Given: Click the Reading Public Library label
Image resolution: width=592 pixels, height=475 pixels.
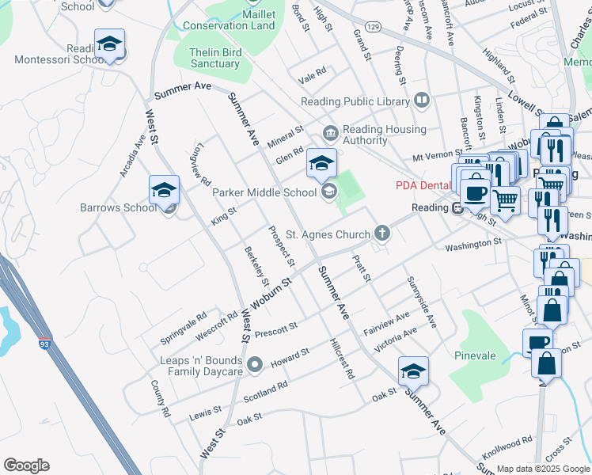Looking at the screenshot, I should [355, 101].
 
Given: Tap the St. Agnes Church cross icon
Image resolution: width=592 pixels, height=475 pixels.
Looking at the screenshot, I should [382, 234].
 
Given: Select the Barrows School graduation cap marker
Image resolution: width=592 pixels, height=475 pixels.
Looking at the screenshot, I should [164, 190].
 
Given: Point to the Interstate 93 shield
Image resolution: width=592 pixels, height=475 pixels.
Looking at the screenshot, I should [44, 345].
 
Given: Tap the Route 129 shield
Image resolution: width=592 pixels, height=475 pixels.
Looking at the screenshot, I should [374, 28].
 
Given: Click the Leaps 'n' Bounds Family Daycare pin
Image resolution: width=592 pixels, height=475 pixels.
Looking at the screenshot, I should [255, 365].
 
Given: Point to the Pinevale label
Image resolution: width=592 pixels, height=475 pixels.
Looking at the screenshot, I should [475, 355].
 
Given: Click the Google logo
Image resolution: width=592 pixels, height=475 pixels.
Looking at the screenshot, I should [26, 465].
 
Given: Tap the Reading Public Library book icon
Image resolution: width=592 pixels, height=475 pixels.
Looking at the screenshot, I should [422, 101].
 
